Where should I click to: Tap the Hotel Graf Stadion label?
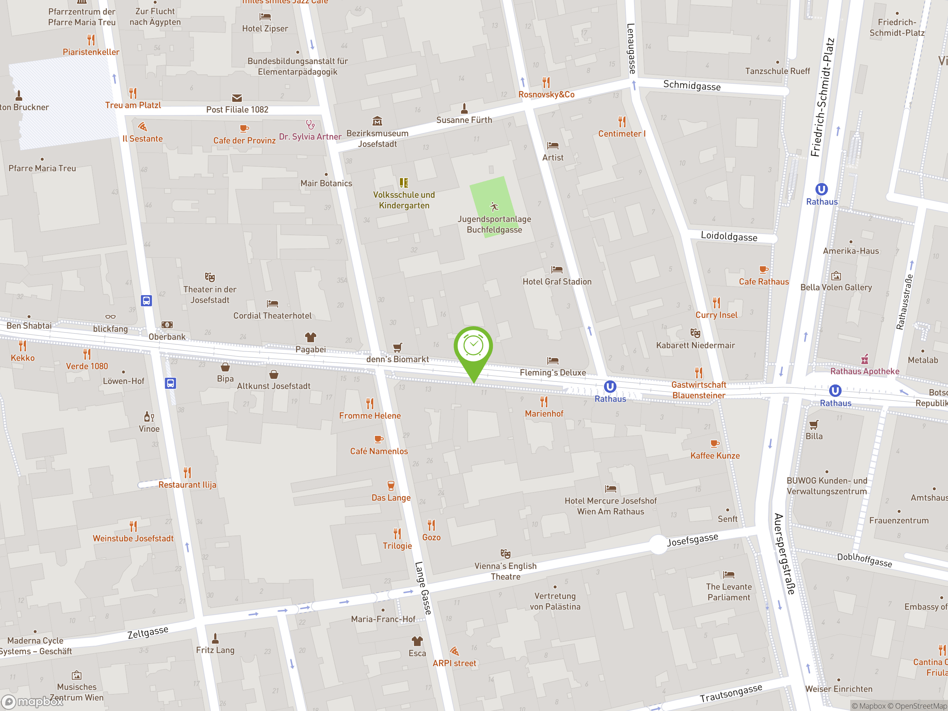click(557, 281)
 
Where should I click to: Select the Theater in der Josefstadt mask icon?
click(210, 277)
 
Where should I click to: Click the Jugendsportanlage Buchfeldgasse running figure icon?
click(494, 207)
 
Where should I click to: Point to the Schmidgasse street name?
click(692, 85)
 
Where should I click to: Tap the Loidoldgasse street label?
click(728, 237)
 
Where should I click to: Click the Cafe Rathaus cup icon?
click(763, 270)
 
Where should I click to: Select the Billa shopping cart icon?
click(814, 424)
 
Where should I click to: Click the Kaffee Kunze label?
click(714, 455)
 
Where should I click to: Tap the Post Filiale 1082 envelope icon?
click(237, 98)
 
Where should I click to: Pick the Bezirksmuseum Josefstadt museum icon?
click(377, 121)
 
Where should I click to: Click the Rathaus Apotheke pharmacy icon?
click(864, 359)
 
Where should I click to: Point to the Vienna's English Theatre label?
click(505, 571)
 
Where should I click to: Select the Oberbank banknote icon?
click(167, 325)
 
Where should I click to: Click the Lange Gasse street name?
click(423, 588)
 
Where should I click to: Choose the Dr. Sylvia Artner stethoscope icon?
click(310, 125)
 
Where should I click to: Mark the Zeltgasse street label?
click(148, 632)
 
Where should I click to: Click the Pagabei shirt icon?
click(310, 337)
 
